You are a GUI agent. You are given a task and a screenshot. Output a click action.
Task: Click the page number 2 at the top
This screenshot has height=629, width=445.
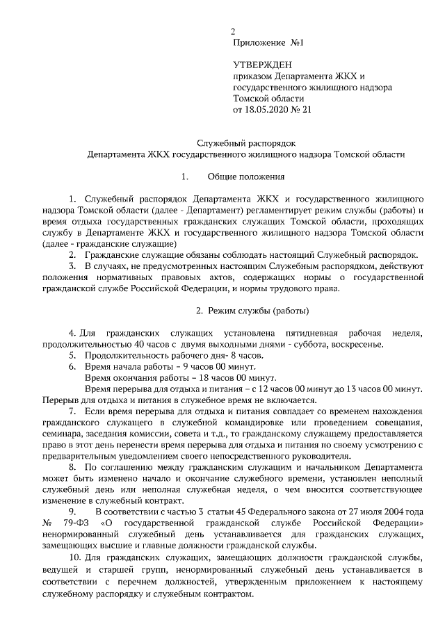coord(234,32)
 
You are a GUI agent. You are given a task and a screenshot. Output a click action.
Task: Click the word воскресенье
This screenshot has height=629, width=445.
coord(355,344)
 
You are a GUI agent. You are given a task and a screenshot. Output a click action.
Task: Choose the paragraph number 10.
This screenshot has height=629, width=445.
coord(75,560)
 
